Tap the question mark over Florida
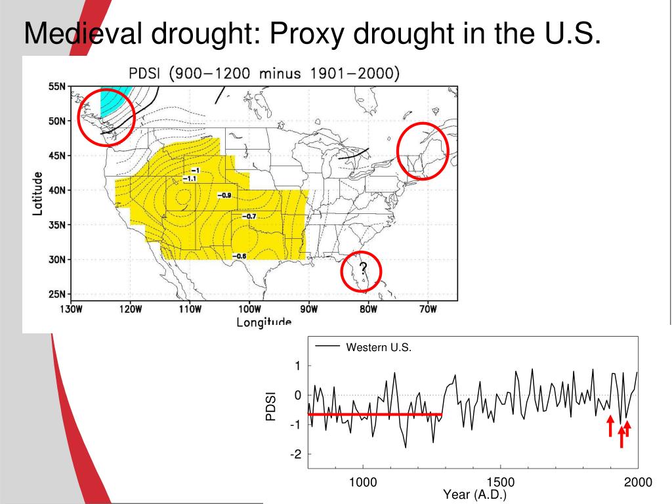[362, 270]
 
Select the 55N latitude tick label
[57, 86]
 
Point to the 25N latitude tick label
[57, 294]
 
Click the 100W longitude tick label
[249, 309]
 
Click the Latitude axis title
[38, 193]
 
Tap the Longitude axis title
[264, 322]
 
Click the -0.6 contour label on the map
[238, 255]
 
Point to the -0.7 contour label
[249, 216]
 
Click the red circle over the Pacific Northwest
[106, 116]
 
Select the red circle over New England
[423, 150]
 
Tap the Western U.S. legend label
[379, 348]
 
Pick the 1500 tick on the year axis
[500, 483]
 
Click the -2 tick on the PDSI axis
[296, 454]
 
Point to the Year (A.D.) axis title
[474, 494]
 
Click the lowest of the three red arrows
[621, 437]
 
